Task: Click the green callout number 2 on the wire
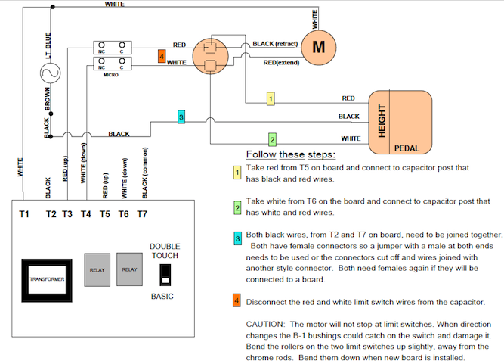click(x=273, y=139)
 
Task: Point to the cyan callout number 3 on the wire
click(x=181, y=117)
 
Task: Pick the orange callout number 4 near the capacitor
click(x=162, y=57)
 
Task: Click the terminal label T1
click(x=23, y=215)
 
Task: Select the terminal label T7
click(x=141, y=215)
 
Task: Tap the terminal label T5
click(x=105, y=215)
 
